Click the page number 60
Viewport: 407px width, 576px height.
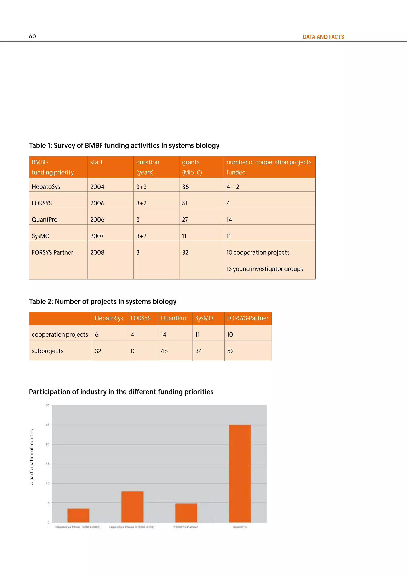32,36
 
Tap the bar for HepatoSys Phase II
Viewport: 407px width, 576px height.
132,507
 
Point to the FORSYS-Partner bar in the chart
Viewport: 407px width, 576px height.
186,513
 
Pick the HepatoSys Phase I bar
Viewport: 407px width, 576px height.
78,515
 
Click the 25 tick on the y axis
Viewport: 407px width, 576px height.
47,425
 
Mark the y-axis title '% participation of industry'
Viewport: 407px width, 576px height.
32,457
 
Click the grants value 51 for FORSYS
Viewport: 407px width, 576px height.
185,203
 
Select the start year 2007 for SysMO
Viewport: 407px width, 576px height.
97,236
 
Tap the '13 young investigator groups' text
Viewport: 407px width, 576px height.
264,269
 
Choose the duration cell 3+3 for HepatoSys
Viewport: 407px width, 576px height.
141,187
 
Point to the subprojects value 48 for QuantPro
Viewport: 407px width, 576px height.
164,351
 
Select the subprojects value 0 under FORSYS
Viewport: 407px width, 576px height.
133,351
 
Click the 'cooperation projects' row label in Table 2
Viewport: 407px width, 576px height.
60,335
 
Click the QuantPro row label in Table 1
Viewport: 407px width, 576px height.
45,220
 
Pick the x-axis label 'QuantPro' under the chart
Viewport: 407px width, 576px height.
240,527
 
